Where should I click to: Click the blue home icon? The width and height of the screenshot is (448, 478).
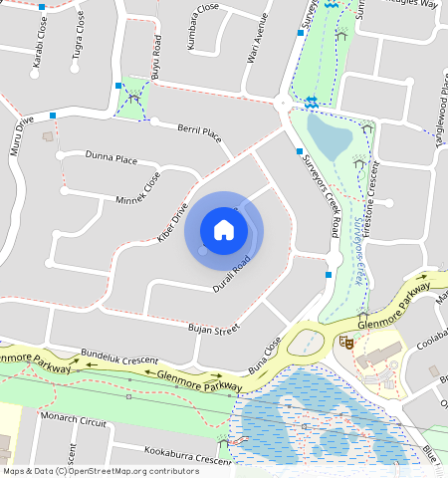point(224,230)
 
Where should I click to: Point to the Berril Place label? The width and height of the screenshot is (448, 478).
point(199,134)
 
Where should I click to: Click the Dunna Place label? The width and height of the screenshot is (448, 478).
point(112,157)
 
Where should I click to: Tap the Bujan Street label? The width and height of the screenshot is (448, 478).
point(214,328)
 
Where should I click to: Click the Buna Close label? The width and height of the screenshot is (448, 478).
point(266,355)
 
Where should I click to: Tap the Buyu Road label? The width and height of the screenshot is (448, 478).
point(155,57)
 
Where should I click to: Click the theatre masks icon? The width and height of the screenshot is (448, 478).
point(346,342)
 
